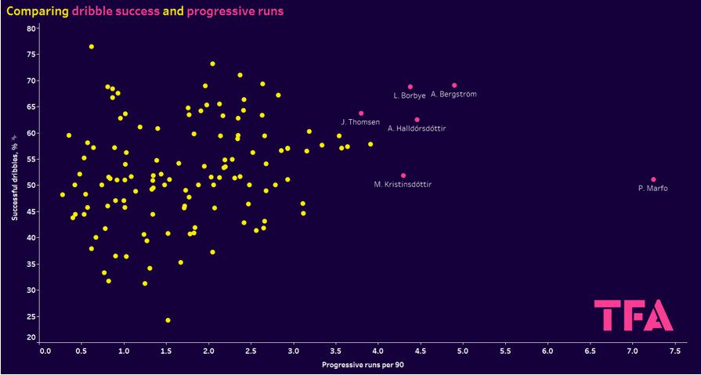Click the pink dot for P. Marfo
pos(653,179)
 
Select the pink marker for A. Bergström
pos(454,85)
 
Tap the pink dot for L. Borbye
pos(410,87)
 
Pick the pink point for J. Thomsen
pos(361,114)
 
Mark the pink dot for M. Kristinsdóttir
pos(403,175)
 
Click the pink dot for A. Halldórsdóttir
pos(417,120)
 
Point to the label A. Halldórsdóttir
pos(417,128)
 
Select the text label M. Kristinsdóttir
pos(403,185)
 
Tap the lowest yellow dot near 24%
pos(168,320)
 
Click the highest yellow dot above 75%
pos(91,47)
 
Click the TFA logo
pos(633,316)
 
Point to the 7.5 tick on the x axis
pos(674,352)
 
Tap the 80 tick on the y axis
pos(31,28)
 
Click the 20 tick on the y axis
pos(31,338)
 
